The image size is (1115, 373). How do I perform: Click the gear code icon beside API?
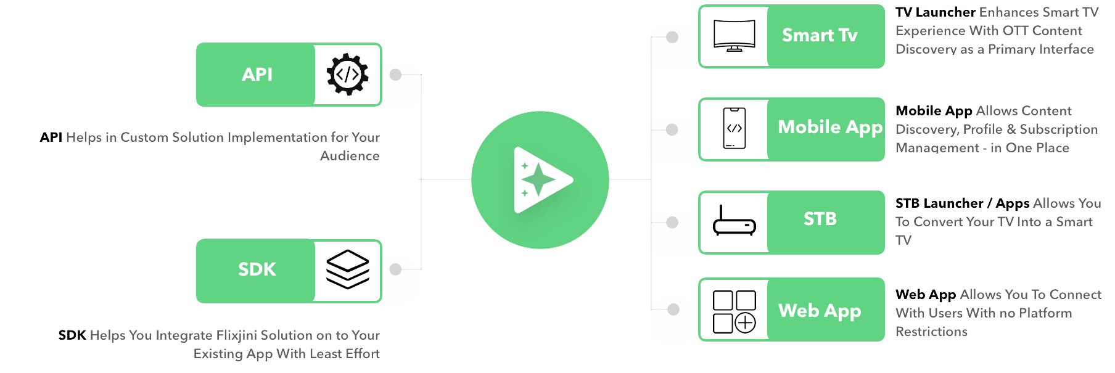tap(347, 74)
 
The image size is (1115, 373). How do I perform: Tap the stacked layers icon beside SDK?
tap(347, 269)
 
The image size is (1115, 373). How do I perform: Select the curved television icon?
tap(734, 35)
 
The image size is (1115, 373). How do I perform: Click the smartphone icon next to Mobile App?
tap(734, 128)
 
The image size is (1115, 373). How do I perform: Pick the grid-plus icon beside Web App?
tap(734, 311)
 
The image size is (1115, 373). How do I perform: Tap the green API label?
tap(257, 75)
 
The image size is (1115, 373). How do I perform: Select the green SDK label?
tap(257, 269)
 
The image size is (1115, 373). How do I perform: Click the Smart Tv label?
tap(820, 35)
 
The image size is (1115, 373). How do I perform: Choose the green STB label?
tap(820, 219)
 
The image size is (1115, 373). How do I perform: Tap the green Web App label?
tap(820, 311)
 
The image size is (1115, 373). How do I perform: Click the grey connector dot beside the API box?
tap(396, 75)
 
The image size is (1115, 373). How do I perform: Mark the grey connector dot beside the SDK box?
tap(396, 269)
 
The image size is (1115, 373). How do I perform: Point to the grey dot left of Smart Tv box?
tap(672, 37)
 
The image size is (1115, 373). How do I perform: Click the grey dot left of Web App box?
tap(673, 309)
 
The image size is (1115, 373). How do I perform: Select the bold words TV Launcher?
tap(935, 12)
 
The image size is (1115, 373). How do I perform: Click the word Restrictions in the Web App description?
tap(931, 332)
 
